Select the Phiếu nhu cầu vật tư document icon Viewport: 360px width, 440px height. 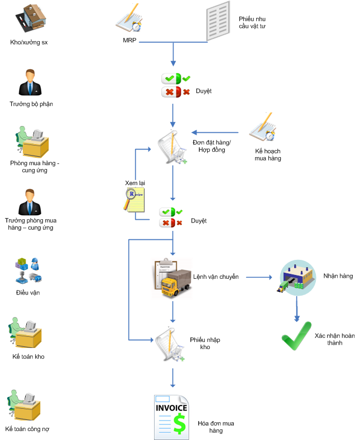click(x=218, y=21)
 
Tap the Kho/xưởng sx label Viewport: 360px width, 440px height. click(x=29, y=42)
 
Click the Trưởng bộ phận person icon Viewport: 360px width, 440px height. click(x=31, y=84)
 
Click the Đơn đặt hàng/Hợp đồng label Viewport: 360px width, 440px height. click(x=212, y=146)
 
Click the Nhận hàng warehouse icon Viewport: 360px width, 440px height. click(x=297, y=277)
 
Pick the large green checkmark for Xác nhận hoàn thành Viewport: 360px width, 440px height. click(x=295, y=335)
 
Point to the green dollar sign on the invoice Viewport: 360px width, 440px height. click(x=179, y=424)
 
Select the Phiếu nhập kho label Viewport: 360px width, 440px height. click(x=200, y=343)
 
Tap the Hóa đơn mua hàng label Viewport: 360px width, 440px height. click(x=216, y=427)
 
